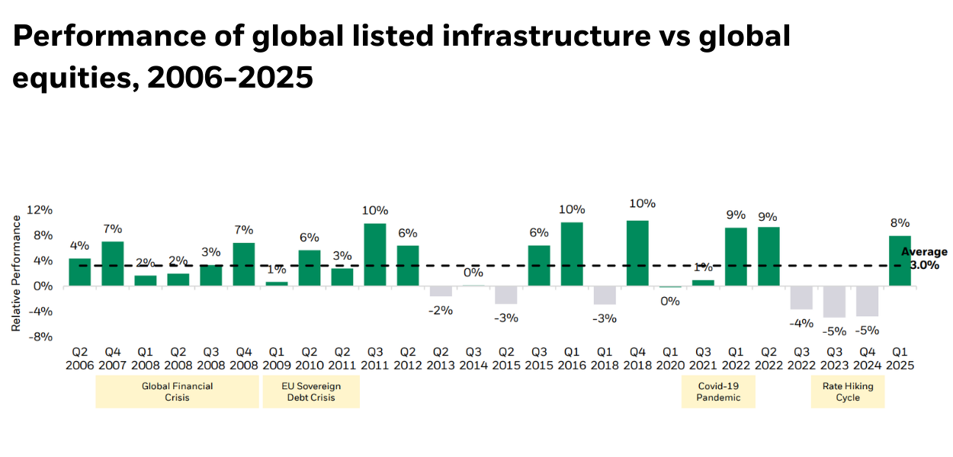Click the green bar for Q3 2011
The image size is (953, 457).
coord(374,254)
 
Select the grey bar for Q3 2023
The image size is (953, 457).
coord(834,302)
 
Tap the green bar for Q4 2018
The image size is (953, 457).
coord(637,253)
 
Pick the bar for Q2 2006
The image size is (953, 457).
coord(79,272)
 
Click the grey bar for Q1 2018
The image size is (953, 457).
coord(605,295)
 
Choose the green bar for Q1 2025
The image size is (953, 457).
coord(900,260)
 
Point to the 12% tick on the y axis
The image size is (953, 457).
coord(40,210)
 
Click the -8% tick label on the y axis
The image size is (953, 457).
coord(40,336)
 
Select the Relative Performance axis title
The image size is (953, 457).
coord(17,273)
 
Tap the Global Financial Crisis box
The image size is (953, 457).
coord(177,391)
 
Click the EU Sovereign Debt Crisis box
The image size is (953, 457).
coord(310,391)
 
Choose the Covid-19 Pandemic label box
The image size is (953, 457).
coord(718,391)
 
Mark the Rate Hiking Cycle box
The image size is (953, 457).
coord(848,391)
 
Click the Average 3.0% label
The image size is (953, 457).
coord(923,259)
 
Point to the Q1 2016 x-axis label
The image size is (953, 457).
coord(572,359)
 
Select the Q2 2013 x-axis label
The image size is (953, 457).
coord(441,359)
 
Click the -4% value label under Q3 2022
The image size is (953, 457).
coord(801,323)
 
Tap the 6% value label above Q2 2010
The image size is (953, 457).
coord(309,238)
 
